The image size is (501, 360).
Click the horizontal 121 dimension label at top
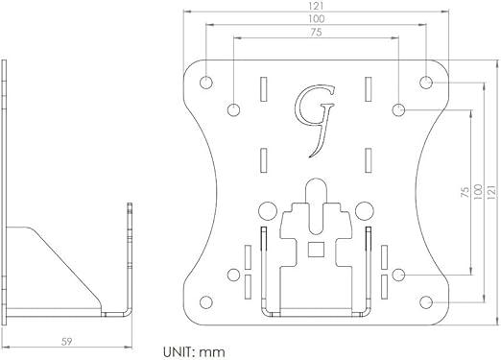316,6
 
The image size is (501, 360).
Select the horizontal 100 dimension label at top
316,19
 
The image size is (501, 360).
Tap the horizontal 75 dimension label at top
316,33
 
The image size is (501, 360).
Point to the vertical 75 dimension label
465,192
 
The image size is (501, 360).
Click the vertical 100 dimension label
478,192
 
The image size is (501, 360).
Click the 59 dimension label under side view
66,342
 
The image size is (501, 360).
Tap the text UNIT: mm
194,352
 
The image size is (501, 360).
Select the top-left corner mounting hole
206,83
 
